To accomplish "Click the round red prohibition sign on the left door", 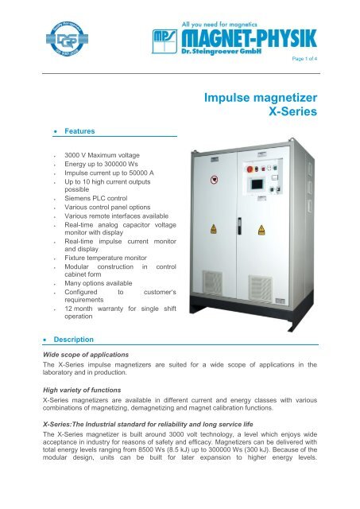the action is click(x=214, y=179).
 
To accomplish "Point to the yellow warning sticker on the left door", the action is click(x=214, y=228).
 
